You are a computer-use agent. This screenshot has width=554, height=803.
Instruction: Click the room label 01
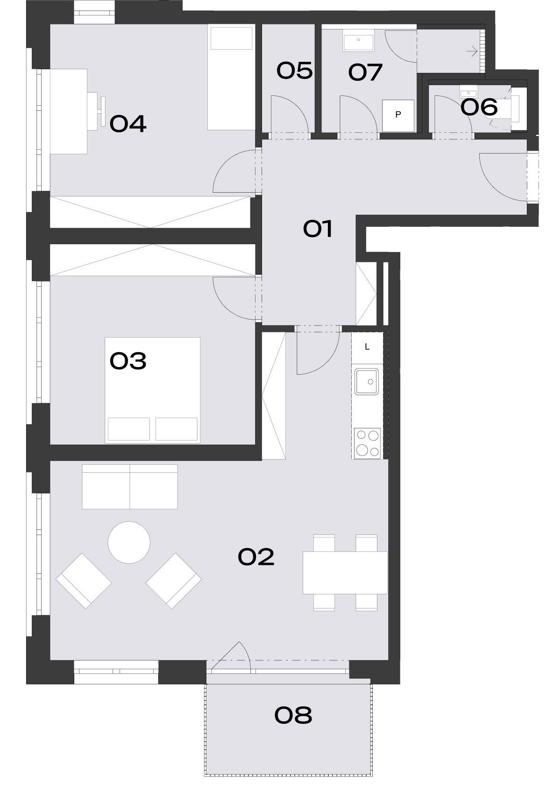(x=318, y=229)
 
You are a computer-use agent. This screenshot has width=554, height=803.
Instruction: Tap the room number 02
(x=256, y=557)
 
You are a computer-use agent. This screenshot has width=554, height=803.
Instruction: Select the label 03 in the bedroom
(x=128, y=361)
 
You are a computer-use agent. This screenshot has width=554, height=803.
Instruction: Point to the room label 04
(x=128, y=124)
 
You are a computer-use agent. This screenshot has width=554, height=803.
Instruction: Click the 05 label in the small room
(x=294, y=71)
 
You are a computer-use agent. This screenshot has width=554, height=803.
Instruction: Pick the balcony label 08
(x=293, y=715)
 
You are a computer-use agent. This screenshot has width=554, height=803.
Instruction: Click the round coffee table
(x=129, y=543)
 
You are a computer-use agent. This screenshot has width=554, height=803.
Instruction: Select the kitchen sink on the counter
(x=367, y=382)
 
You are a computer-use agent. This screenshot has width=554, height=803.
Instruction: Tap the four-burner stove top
(x=367, y=443)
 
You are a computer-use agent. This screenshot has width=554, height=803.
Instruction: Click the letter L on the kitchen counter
(x=367, y=347)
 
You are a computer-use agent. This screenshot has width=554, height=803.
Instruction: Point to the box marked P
(x=398, y=115)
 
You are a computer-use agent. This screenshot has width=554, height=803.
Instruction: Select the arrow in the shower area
(x=472, y=51)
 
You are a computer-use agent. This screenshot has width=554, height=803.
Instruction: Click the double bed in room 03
(x=153, y=390)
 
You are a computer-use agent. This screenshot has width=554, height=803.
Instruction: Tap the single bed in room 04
(x=232, y=77)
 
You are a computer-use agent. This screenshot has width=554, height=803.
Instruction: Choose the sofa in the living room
(x=130, y=486)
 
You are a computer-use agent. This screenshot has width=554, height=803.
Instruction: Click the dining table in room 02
(x=345, y=572)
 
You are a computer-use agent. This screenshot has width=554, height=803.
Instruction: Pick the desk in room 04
(x=69, y=111)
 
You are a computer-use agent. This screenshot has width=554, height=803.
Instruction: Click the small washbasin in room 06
(x=467, y=89)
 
